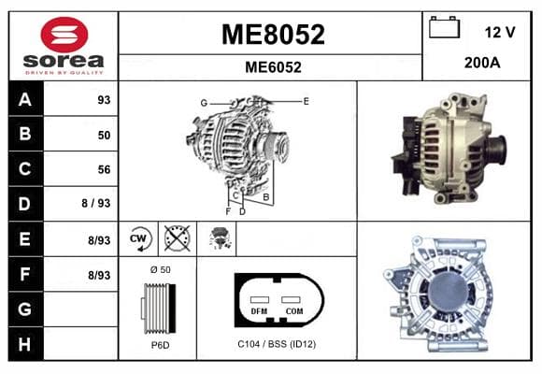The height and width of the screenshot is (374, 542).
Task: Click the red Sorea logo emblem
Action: [64, 35]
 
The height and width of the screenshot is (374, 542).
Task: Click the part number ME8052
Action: [273, 35]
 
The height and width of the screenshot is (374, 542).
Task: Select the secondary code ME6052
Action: [273, 67]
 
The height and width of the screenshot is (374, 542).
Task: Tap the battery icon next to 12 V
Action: [444, 27]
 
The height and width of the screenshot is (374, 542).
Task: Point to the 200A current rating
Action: [482, 63]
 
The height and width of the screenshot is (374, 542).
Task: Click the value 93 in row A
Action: [104, 100]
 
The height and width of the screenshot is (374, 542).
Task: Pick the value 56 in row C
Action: [104, 169]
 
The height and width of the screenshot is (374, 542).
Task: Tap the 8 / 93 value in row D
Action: [96, 203]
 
